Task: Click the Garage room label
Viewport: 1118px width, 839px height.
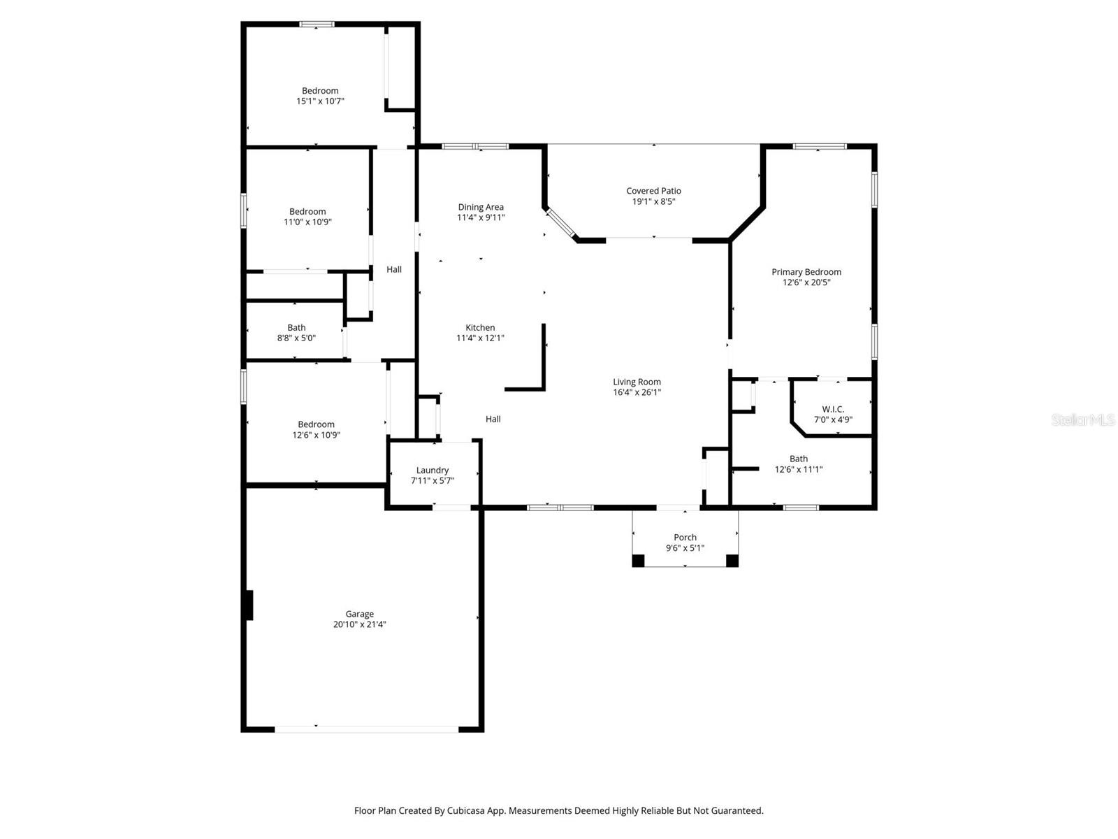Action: coord(359,614)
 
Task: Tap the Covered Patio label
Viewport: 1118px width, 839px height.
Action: coord(653,191)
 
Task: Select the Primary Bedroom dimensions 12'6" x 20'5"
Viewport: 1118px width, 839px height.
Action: coord(806,282)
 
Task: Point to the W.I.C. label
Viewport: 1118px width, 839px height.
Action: coord(833,409)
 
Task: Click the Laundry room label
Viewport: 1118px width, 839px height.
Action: coord(433,471)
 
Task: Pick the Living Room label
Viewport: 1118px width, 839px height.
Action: coord(637,382)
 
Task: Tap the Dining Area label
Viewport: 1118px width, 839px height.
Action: coord(481,207)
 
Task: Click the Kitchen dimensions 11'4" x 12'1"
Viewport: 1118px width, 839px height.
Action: coord(480,338)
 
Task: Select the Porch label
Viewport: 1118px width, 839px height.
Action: coord(685,538)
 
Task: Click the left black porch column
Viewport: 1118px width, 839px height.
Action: coord(638,560)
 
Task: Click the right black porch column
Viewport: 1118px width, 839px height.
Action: coord(732,560)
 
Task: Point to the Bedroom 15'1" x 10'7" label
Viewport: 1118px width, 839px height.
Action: coord(320,91)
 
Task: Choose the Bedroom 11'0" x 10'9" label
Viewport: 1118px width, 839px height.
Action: coord(307,212)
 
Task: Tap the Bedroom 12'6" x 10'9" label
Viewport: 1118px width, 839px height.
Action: coord(316,424)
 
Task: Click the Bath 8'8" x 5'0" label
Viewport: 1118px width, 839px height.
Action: coord(296,327)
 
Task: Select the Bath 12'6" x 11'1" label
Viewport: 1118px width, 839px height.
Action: coord(799,459)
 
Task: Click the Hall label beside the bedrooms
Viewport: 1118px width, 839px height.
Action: coord(394,269)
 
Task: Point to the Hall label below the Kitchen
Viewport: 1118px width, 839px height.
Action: coord(493,419)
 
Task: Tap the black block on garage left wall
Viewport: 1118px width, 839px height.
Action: coord(249,605)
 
